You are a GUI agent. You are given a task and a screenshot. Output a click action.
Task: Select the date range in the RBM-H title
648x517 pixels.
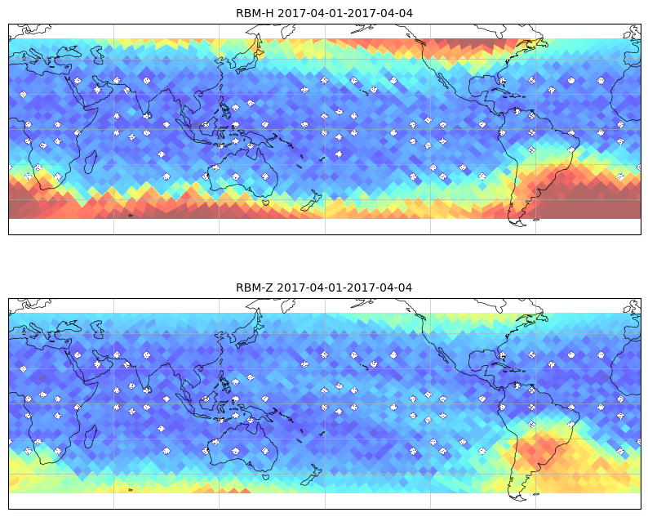point(344,13)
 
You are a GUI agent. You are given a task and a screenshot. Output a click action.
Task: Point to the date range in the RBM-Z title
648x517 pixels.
point(344,287)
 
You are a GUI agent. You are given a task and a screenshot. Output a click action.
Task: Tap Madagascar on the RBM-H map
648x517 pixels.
point(91,162)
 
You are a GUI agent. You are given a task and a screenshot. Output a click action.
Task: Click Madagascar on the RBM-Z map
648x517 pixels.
point(91,436)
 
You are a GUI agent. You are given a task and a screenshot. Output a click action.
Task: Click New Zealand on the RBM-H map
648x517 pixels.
point(312,201)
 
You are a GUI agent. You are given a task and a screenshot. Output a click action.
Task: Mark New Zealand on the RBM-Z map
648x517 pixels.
point(312,475)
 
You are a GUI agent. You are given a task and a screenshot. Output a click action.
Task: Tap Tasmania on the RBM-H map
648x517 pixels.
point(265,203)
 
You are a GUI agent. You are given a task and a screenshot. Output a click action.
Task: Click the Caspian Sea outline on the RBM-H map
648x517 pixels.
point(99,55)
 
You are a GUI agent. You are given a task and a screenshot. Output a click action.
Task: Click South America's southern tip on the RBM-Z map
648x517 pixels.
point(520,498)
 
